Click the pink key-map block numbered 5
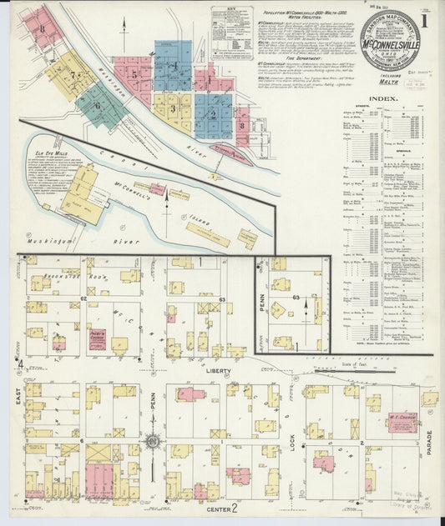click(x=134, y=73)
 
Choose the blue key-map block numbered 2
click(x=212, y=114)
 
